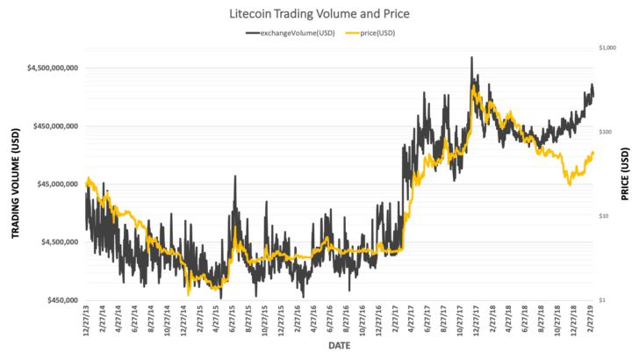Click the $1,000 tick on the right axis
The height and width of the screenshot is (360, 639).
pyautogui.click(x=607, y=48)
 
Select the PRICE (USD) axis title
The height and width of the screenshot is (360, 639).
pyautogui.click(x=626, y=174)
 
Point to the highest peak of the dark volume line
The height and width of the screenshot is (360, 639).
pyautogui.click(x=472, y=57)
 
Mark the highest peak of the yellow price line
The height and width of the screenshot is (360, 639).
pyautogui.click(x=474, y=85)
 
